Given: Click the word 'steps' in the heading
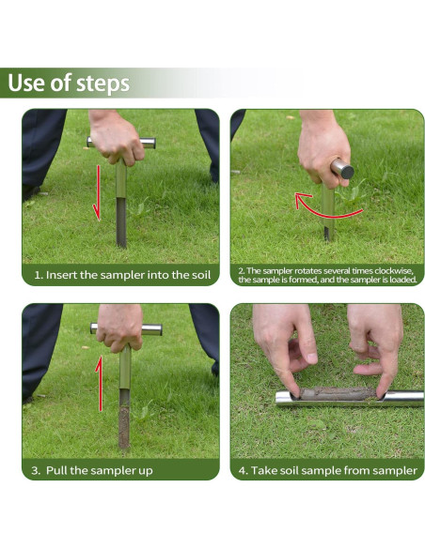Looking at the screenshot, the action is [102, 84].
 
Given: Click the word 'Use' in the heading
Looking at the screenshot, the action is [26, 83].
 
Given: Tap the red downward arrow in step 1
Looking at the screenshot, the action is [97, 193].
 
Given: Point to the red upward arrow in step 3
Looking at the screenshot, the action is [100, 384].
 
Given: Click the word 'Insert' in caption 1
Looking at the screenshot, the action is [61, 275].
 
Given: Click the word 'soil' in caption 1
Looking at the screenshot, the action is [201, 275].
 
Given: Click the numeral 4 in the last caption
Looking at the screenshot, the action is [243, 470].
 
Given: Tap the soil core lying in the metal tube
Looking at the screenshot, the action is [337, 394].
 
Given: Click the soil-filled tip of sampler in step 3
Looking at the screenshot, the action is [124, 427].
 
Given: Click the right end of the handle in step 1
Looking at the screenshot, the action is [150, 143].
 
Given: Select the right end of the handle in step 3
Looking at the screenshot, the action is [156, 329].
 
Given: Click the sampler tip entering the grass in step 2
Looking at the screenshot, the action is [326, 234].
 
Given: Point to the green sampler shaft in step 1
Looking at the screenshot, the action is [121, 204].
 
